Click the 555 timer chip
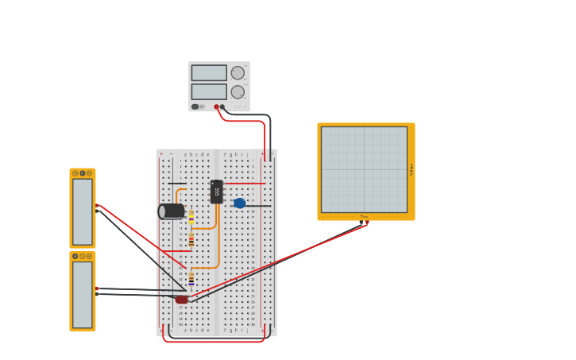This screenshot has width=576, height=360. (217, 192)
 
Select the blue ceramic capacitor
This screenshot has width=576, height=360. (239, 203)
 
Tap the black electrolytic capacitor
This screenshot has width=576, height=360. (171, 211)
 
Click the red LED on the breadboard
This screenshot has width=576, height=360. (182, 300)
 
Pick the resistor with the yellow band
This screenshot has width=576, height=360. (191, 215)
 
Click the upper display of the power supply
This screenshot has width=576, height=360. (209, 73)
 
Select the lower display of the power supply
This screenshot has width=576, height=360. (209, 91)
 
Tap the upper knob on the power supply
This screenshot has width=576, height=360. (238, 73)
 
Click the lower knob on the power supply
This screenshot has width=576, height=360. (238, 91)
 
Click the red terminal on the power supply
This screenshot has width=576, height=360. (216, 106)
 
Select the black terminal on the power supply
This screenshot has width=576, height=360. (222, 106)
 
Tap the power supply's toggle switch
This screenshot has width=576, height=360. (195, 106)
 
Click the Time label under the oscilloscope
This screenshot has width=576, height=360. (364, 216)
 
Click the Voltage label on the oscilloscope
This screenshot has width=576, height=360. (412, 169)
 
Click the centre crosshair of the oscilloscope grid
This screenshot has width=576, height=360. (364, 169)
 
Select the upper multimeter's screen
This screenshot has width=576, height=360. (83, 211)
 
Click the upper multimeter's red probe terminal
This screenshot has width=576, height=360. (97, 206)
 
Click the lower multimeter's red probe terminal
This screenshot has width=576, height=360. (97, 288)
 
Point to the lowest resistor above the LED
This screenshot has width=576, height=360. (191, 279)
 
